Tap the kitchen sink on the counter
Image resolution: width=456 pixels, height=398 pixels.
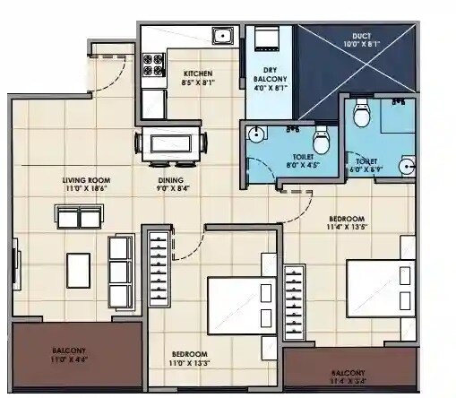pyautogui.click(x=221, y=37)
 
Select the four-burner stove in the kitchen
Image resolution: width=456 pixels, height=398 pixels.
pyautogui.click(x=152, y=65)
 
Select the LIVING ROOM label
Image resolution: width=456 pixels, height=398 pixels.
pyautogui.click(x=86, y=185)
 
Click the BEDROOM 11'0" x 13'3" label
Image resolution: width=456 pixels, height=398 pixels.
pyautogui.click(x=189, y=358)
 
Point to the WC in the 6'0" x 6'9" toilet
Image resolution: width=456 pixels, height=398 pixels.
pyautogui.click(x=362, y=115)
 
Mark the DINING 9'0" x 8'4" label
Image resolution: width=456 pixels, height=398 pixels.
pyautogui.click(x=172, y=185)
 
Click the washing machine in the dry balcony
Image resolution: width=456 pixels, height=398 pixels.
pyautogui.click(x=266, y=40)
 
